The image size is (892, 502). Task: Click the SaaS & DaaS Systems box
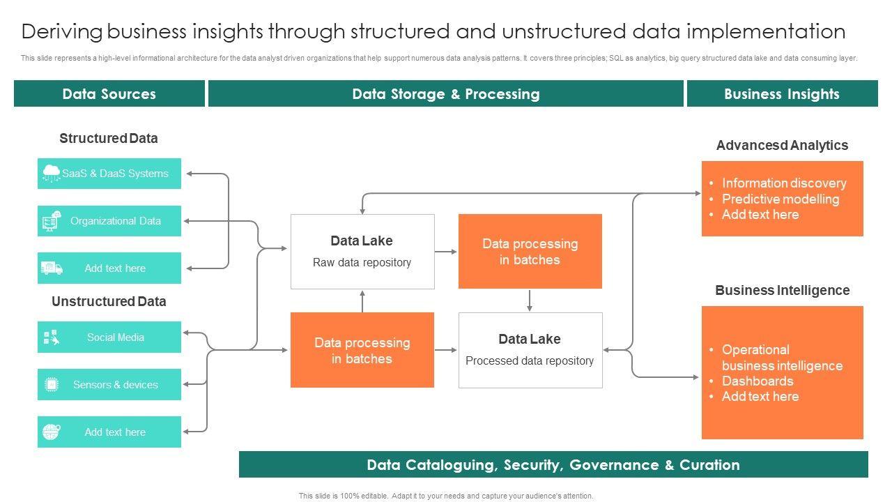(x=109, y=174)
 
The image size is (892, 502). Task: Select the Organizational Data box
(x=109, y=221)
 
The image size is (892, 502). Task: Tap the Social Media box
(x=109, y=337)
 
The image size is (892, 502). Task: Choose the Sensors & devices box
(x=109, y=385)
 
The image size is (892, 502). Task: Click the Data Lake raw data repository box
(x=362, y=251)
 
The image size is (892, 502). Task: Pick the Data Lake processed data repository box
(x=530, y=350)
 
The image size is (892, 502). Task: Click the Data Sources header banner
(x=109, y=94)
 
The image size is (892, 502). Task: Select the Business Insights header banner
(x=782, y=94)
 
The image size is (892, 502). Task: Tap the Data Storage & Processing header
(x=446, y=94)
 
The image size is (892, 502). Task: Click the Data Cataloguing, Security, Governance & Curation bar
(x=553, y=465)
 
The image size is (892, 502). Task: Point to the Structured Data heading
(x=109, y=138)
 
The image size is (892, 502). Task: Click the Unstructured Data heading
(x=109, y=301)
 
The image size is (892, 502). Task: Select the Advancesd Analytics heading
(x=782, y=145)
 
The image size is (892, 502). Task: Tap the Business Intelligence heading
(x=782, y=290)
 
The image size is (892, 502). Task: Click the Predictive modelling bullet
(x=780, y=199)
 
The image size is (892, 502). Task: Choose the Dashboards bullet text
(x=758, y=381)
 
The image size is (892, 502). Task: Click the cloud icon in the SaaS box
(x=52, y=172)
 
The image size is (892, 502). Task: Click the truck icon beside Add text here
(x=52, y=268)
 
